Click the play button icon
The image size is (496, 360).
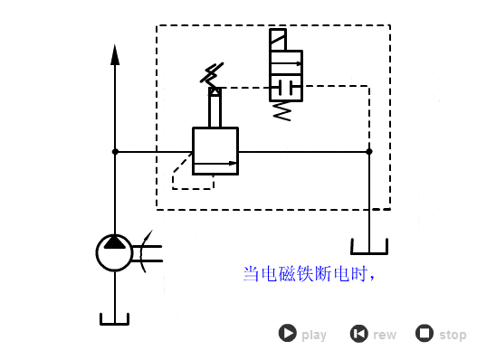pos(287,334)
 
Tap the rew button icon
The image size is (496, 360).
pos(358,334)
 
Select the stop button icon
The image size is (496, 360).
pos(424,334)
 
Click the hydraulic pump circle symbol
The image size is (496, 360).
pos(115,252)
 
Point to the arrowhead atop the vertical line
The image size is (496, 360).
pos(115,54)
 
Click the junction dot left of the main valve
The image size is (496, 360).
pos(115,151)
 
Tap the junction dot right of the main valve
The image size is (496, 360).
pos(368,151)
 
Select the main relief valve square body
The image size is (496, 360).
pos(215,151)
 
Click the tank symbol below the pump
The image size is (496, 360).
pos(115,318)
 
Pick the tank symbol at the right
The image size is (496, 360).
pos(369,246)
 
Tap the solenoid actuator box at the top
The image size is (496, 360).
pos(278,40)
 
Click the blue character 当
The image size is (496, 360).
pos(252,273)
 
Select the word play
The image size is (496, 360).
pos(314,335)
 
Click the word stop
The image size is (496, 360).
pos(453,335)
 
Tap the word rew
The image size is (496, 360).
pos(385,335)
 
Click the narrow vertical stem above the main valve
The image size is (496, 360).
pos(215,110)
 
